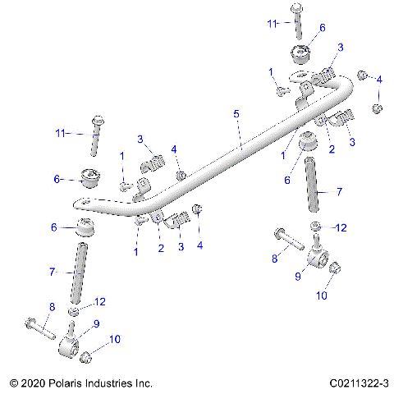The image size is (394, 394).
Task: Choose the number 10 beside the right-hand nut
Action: [x=321, y=292]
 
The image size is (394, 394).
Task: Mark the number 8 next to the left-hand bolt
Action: [x=51, y=308]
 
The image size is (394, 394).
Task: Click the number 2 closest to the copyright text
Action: [x=161, y=248]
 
